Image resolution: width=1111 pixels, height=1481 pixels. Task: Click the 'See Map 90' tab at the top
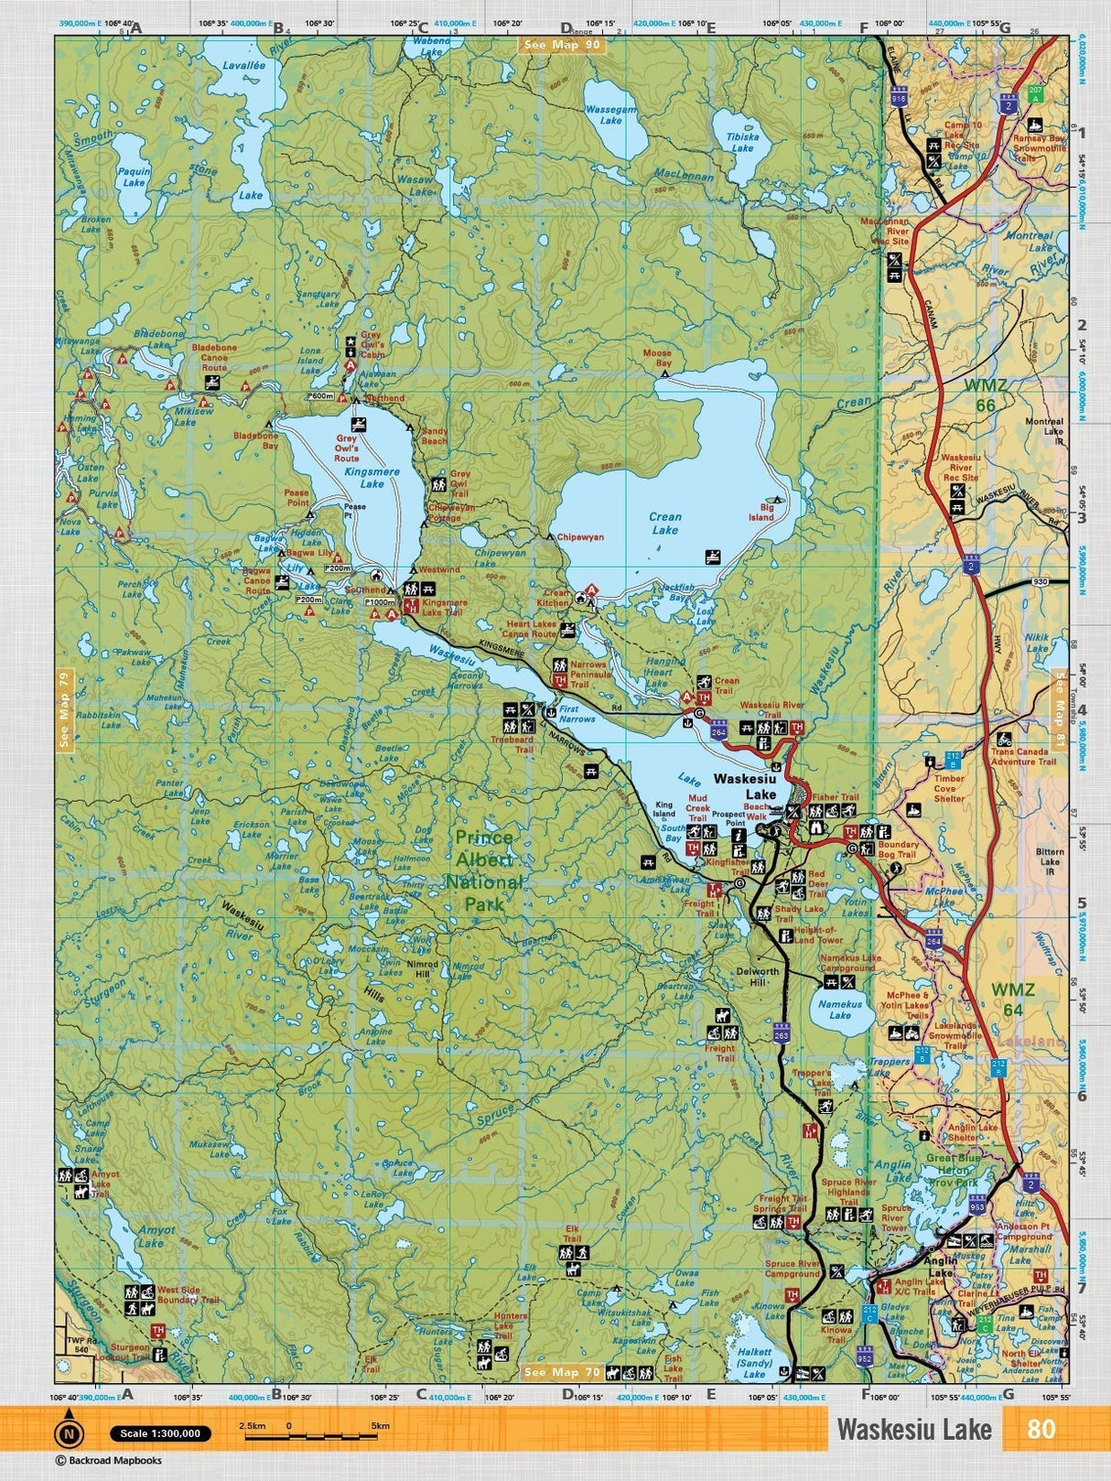[562, 44]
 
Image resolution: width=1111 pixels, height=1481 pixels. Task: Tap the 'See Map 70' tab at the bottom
[562, 1372]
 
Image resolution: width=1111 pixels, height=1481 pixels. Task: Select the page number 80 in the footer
[1041, 1429]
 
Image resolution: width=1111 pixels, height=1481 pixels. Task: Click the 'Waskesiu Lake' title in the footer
[913, 1430]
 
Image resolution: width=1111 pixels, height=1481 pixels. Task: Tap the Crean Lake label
[665, 524]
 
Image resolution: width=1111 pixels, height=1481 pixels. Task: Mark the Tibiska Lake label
[742, 142]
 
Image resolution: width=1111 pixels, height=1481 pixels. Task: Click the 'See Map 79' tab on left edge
[63, 710]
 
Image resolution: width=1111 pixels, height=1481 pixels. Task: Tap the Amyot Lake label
[151, 1238]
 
